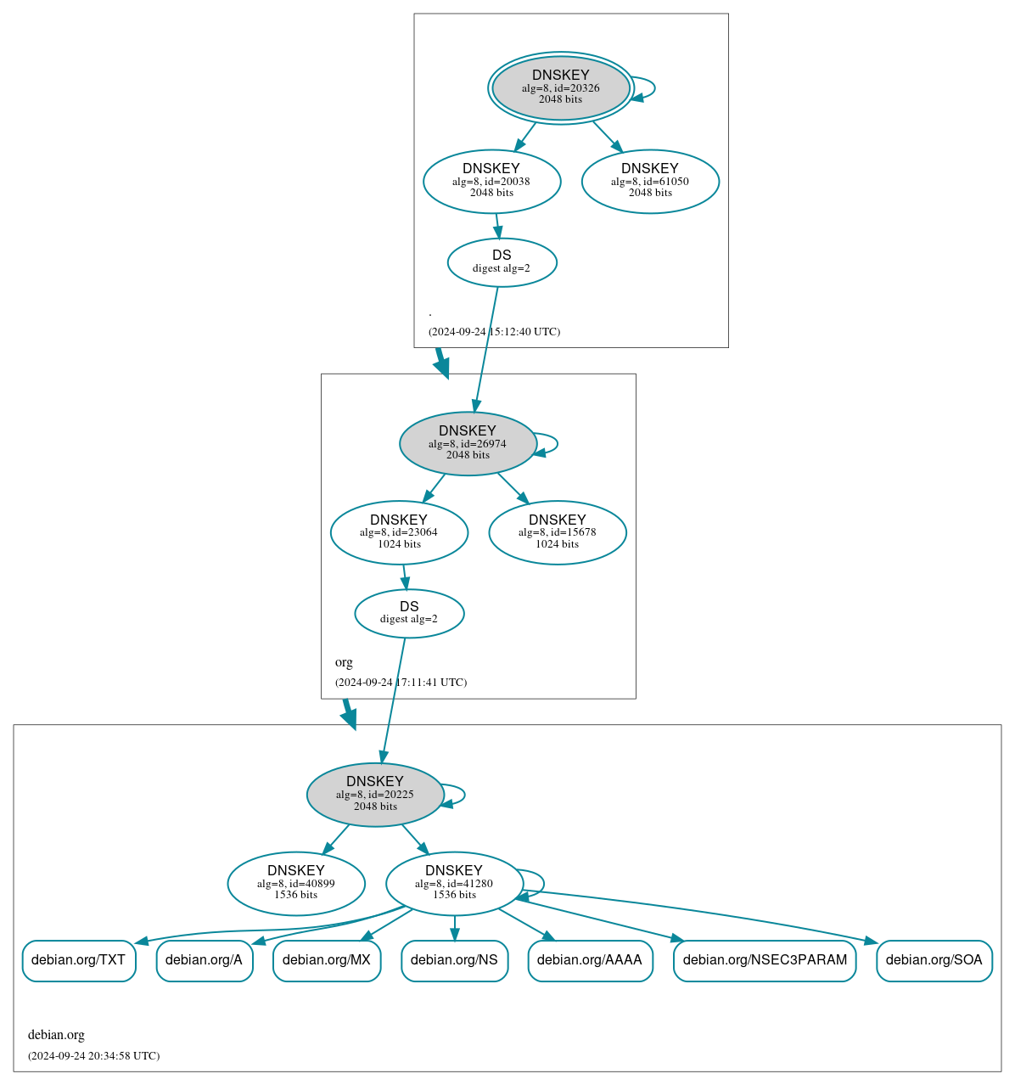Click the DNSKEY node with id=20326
(560, 87)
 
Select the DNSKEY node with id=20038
(491, 181)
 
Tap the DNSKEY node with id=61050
(650, 181)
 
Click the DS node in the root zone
(502, 262)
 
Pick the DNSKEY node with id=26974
(468, 443)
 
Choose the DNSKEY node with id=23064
(399, 532)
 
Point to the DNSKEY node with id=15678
(558, 532)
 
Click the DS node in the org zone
(409, 613)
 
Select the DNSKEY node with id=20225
(375, 795)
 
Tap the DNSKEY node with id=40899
(296, 884)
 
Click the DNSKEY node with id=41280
(454, 884)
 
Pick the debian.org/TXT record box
(79, 960)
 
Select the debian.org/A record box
(205, 960)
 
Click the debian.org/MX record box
(327, 960)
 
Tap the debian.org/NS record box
(454, 960)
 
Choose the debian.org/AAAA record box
(590, 960)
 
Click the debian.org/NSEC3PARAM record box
(765, 960)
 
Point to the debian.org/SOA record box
(934, 960)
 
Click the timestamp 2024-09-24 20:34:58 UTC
(93, 1056)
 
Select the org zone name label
(344, 662)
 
